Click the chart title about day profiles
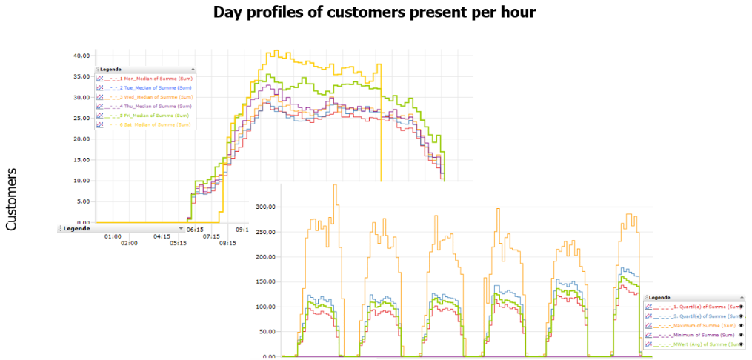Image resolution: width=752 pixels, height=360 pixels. [x=374, y=13]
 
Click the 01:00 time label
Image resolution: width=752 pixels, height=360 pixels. [x=113, y=237]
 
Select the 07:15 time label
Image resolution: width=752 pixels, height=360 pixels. [x=212, y=237]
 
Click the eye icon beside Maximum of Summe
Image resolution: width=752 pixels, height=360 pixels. [x=742, y=325]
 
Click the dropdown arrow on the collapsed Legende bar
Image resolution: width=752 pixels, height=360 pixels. [x=181, y=229]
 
